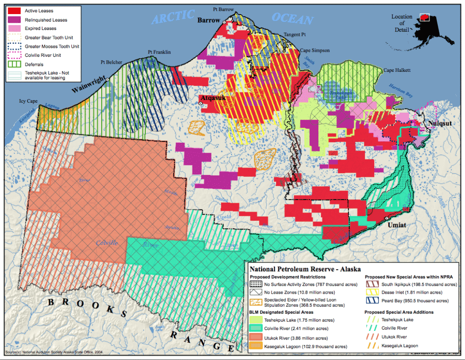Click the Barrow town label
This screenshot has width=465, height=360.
click(208, 20)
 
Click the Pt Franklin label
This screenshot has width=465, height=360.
click(159, 52)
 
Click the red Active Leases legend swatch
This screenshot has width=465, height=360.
click(15, 11)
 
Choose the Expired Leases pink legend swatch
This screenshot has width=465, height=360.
click(15, 29)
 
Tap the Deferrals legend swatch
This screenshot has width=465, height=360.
click(15, 64)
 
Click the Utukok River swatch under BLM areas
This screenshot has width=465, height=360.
click(257, 338)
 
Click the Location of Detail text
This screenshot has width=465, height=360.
click(402, 23)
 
